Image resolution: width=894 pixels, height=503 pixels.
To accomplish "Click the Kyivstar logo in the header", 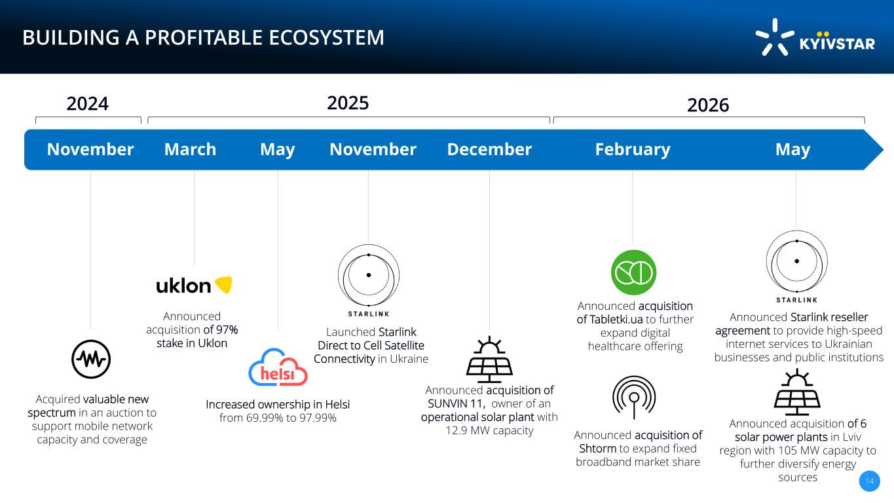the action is tap(815, 37).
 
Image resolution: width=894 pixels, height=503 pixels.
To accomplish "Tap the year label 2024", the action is tap(87, 103).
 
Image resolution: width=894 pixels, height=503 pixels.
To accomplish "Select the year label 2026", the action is tap(708, 105).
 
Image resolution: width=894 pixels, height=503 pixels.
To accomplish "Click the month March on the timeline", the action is tap(191, 149).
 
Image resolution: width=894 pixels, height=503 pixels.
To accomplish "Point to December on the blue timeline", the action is tap(489, 149).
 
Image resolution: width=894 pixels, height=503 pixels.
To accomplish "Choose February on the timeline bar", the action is tap(633, 150).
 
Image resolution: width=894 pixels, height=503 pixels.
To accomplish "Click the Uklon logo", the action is tap(194, 285).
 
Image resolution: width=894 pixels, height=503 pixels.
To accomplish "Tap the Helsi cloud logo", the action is tap(278, 367).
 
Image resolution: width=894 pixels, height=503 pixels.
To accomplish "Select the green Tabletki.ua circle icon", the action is tap(634, 272).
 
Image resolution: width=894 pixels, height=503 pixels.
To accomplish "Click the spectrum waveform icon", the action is tap(91, 360).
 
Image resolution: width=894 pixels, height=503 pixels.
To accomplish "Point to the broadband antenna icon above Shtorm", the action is tap(634, 397).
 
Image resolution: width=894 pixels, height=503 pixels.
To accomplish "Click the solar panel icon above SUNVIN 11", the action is tap(489, 360).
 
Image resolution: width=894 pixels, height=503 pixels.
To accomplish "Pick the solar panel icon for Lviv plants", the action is tap(797, 392).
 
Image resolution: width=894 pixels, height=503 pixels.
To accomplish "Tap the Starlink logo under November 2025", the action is tap(368, 280).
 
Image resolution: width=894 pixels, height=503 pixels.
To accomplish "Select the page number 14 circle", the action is tap(870, 481).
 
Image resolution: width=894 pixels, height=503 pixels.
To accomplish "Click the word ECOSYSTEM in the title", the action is tap(326, 37).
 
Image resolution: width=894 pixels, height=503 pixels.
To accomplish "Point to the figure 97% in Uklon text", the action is tap(227, 329).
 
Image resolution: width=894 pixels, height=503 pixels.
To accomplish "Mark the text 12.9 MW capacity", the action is tap(489, 430).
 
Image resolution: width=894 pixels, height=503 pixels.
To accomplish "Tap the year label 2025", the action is tap(348, 103).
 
